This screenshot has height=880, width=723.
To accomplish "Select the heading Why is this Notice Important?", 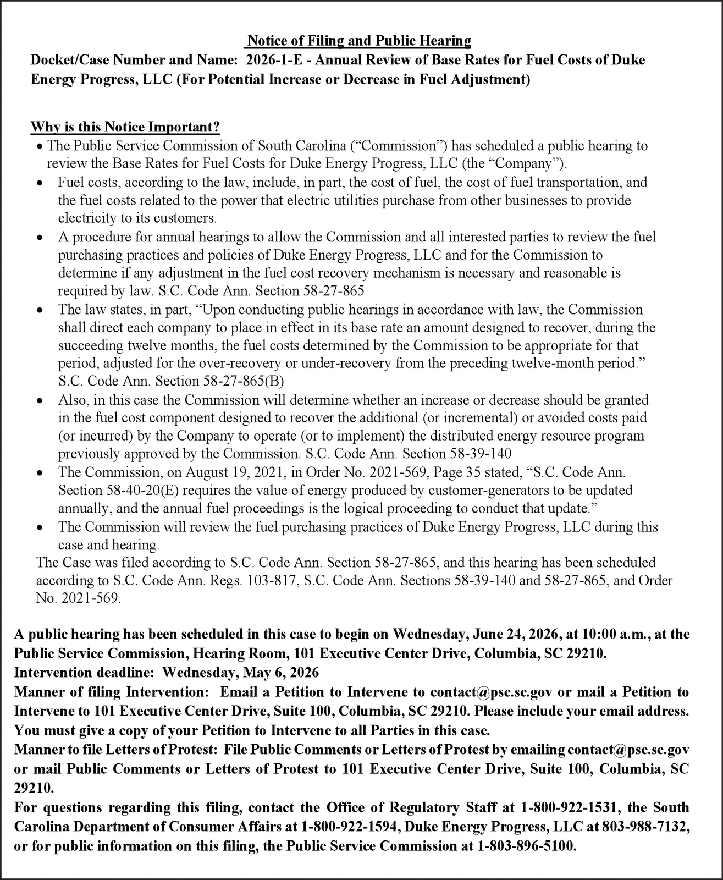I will tap(125, 127).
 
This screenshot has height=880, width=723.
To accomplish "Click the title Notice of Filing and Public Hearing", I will tap(359, 41).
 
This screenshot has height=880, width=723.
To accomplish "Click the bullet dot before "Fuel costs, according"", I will tap(39, 183).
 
